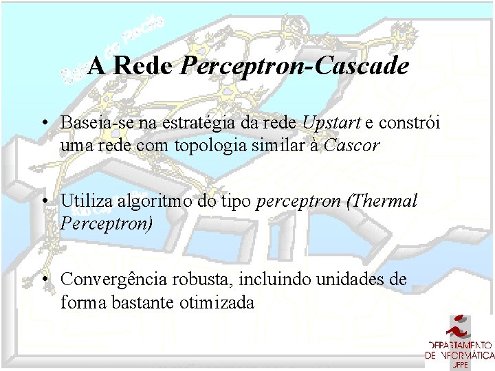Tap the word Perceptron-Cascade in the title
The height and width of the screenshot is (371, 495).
tap(294, 67)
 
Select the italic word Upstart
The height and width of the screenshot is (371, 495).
tap(331, 123)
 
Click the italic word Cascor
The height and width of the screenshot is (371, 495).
tap(352, 146)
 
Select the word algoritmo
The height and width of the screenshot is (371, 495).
tap(149, 202)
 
